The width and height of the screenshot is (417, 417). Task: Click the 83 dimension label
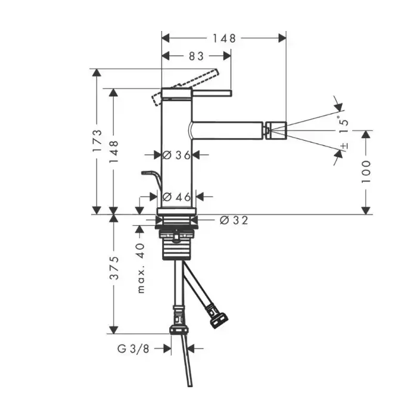(x=196, y=56)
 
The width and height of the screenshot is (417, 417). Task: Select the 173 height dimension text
(x=97, y=141)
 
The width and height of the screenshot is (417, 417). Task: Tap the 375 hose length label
(x=114, y=268)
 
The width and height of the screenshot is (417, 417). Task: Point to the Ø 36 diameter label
(x=176, y=155)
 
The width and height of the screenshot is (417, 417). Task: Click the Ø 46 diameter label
(x=176, y=197)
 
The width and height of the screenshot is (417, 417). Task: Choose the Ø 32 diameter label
(x=234, y=220)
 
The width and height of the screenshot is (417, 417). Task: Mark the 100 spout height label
(x=366, y=172)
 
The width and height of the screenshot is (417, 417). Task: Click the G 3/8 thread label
(x=133, y=348)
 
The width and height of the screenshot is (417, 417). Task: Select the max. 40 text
(x=141, y=268)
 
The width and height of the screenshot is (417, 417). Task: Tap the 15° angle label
(x=343, y=125)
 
